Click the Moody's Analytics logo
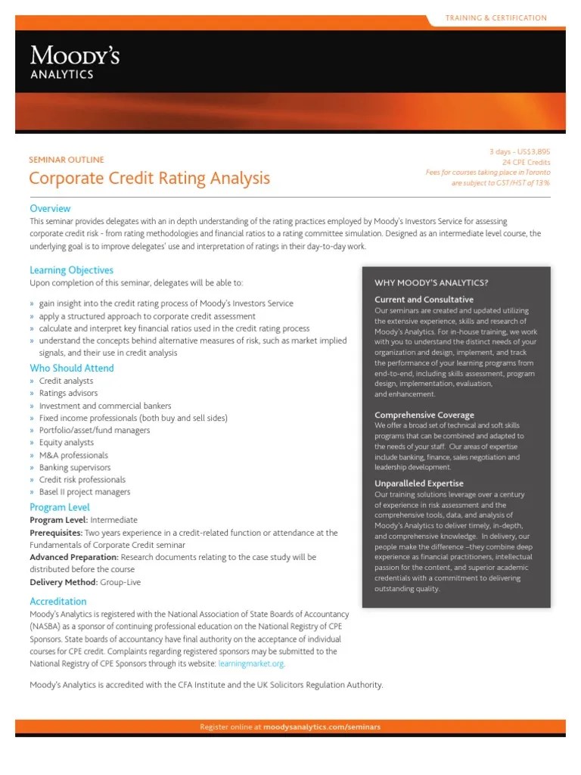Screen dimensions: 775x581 tap(74, 62)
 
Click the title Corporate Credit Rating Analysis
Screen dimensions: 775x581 tap(149, 179)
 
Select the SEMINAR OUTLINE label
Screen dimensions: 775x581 tap(66, 160)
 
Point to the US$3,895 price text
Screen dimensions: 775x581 tap(533, 152)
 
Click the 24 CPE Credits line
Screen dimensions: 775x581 tap(527, 162)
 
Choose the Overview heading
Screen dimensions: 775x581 tap(50, 208)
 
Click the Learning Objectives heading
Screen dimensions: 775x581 tap(71, 270)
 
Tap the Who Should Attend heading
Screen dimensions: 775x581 tap(72, 368)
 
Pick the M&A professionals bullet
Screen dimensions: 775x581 tap(73, 455)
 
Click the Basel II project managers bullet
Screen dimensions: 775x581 tap(85, 492)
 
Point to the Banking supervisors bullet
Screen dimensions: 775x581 tap(75, 467)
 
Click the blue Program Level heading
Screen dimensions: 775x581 tap(60, 507)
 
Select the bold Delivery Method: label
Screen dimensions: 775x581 tap(63, 581)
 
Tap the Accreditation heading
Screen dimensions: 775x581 tap(58, 601)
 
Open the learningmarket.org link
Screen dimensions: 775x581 tap(252, 664)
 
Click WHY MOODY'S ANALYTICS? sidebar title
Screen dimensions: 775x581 tap(431, 282)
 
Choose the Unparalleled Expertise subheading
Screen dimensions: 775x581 tap(419, 483)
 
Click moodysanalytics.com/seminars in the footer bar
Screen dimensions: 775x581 tap(322, 727)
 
